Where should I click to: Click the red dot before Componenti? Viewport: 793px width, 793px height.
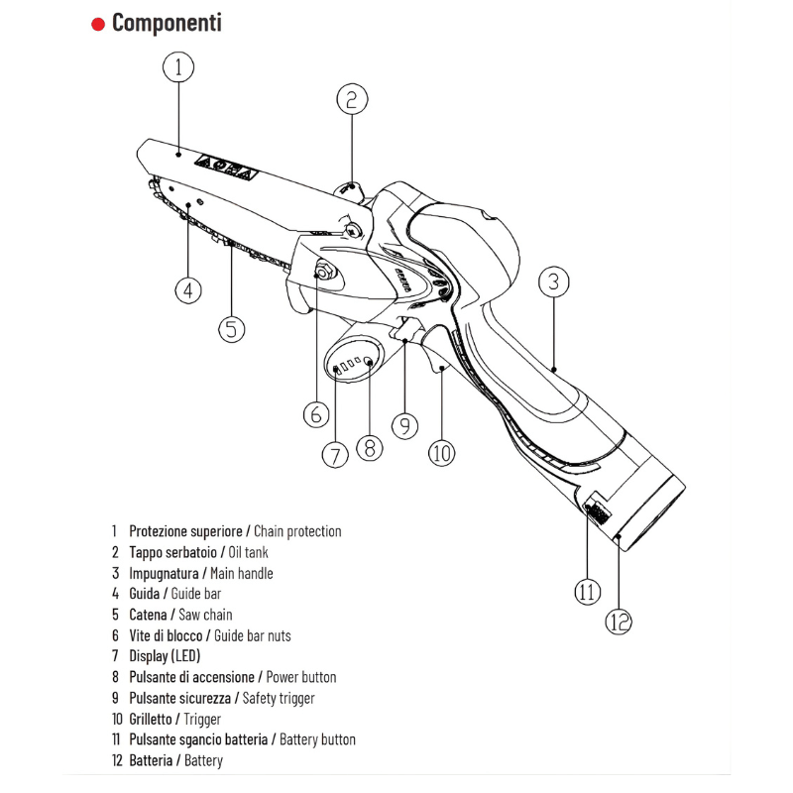point(98,24)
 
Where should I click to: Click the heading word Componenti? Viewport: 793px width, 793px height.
point(167,23)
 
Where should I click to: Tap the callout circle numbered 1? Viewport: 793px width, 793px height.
point(177,67)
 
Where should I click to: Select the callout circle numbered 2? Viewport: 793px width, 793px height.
point(352,99)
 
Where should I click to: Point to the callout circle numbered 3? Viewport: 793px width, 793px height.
point(554,282)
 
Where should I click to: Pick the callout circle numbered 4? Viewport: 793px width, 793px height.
point(188,290)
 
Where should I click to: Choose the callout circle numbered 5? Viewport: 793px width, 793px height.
point(231,328)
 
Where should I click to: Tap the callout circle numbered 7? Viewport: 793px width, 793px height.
point(335,454)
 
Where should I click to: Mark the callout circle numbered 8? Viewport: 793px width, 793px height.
point(368,447)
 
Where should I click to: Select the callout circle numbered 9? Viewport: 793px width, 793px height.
point(404,425)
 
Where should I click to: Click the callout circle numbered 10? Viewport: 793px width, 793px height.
point(441,453)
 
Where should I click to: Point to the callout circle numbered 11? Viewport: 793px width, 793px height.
point(587,592)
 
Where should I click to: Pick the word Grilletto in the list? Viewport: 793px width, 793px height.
point(151,719)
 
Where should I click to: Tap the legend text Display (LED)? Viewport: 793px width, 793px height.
point(165,656)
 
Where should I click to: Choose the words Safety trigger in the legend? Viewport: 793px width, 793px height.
point(279,698)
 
